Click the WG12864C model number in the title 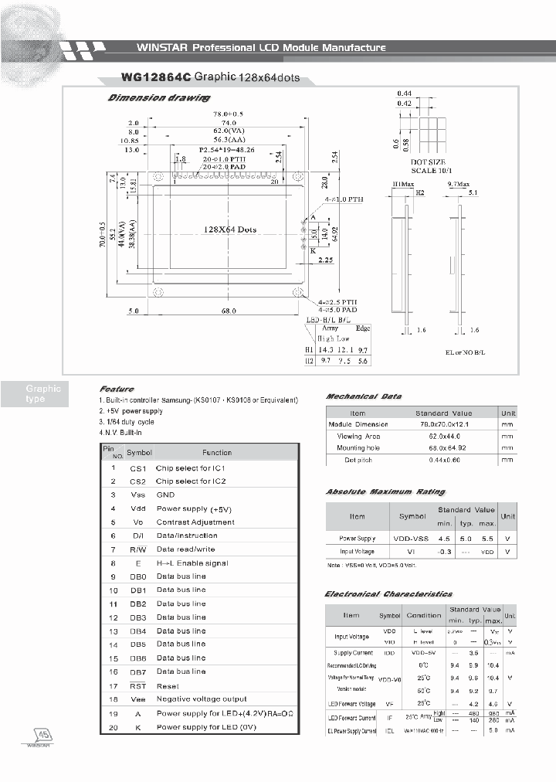click(144, 78)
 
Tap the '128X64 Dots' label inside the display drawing click(229, 229)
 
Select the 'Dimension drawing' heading click(158, 98)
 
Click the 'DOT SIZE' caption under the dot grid click(429, 161)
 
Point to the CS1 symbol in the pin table click(138, 468)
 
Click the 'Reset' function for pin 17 click(168, 685)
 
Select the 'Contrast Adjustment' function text click(195, 522)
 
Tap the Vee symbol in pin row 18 click(137, 699)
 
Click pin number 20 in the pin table click(113, 727)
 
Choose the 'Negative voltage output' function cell click(202, 699)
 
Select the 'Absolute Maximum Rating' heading click(385, 492)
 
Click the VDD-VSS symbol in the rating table click(412, 538)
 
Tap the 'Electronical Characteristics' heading click(388, 594)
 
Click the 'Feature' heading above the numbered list click(117, 389)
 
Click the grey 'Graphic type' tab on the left click(42, 394)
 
